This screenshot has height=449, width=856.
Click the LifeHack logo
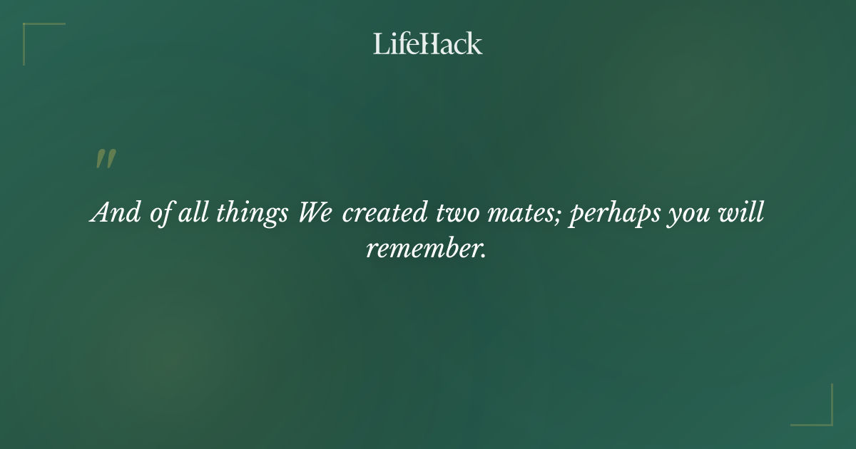coord(428,43)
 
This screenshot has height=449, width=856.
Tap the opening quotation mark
coord(106,159)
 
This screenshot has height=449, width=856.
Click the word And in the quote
coord(116,212)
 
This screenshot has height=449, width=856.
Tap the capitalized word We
coord(315,212)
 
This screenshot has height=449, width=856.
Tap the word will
coord(743,212)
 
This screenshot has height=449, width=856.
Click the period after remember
coord(484,256)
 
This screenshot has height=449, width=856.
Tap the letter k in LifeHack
coord(474,43)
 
